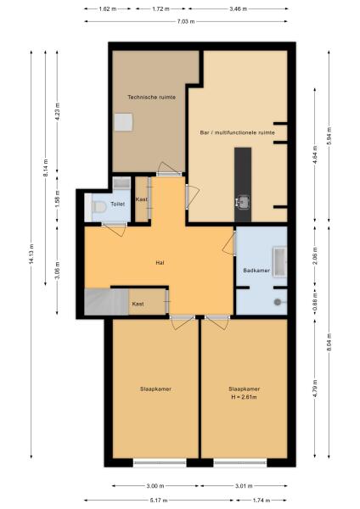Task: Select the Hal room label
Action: [159, 263]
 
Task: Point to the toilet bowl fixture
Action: [98, 205]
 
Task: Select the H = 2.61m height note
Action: [244, 396]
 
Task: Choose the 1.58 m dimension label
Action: [58, 201]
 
